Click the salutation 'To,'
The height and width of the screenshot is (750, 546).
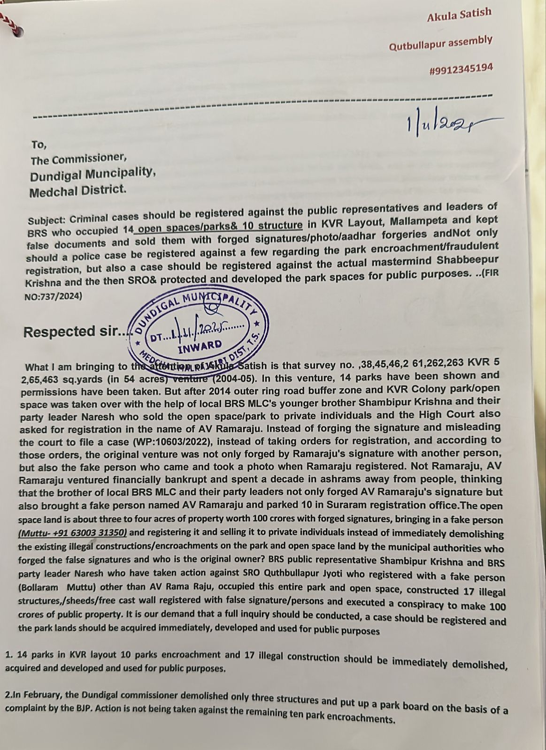tap(39, 144)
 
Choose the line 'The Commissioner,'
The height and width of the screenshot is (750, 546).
tap(78, 159)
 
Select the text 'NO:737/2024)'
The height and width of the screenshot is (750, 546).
tap(53, 296)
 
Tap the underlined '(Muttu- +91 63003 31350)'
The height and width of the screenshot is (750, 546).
tap(72, 533)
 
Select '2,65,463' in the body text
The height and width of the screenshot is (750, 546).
tap(36, 379)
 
